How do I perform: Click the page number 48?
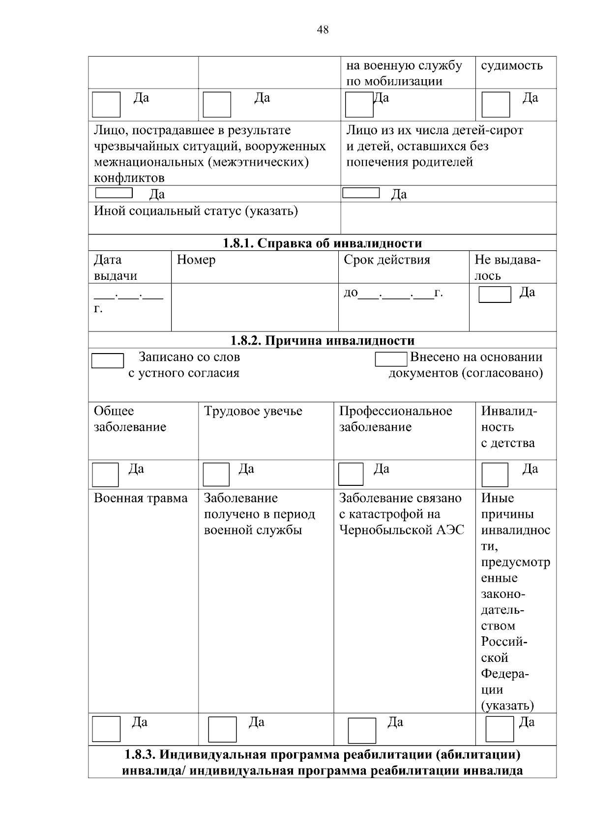coord(323,30)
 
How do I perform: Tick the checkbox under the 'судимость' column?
coord(496,105)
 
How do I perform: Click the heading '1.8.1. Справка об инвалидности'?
coord(323,243)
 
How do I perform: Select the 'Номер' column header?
coord(196,260)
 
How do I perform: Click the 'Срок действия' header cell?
coord(387,260)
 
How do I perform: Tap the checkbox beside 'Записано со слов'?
coord(108,360)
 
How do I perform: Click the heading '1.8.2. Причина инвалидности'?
coord(323,340)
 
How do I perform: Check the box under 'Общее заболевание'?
coord(106,475)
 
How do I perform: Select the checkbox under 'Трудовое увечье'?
coord(216,475)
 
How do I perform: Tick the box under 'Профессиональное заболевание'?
coord(351,474)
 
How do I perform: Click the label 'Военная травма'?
coord(141,498)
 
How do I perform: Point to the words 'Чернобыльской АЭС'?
coord(402,530)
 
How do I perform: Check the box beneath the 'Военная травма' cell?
coord(106,729)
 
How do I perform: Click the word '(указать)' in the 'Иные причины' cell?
coord(507,706)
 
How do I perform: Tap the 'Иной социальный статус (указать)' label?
coord(196,211)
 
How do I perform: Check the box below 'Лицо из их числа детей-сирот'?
coord(361,193)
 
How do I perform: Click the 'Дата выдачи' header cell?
coord(116,268)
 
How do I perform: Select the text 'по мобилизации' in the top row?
coord(394,81)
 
